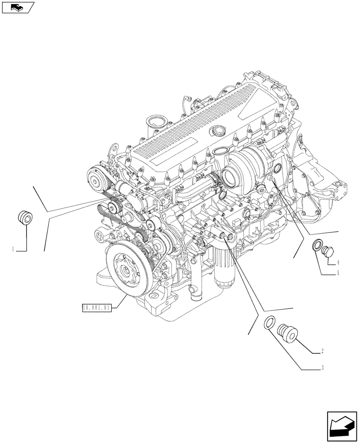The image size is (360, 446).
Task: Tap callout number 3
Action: (322, 369)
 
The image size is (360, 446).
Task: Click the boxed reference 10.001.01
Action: (97, 307)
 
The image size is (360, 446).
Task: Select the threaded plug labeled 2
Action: (285, 333)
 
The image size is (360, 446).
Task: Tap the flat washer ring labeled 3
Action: (270, 324)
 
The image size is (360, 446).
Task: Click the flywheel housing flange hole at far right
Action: (342, 185)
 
